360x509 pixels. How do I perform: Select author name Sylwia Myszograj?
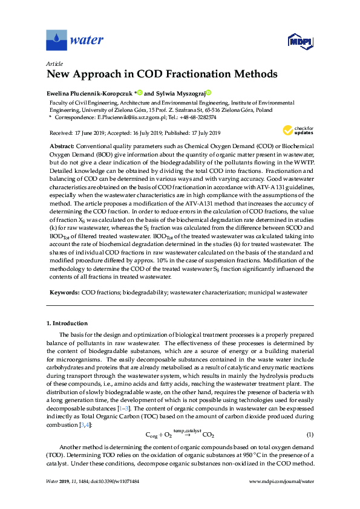click(180, 93)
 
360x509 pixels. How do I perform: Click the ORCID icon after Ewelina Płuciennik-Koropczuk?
click(139, 93)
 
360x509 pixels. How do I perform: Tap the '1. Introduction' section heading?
click(67, 323)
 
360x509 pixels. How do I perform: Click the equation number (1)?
click(309, 435)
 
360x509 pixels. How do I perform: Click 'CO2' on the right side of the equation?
click(208, 435)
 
